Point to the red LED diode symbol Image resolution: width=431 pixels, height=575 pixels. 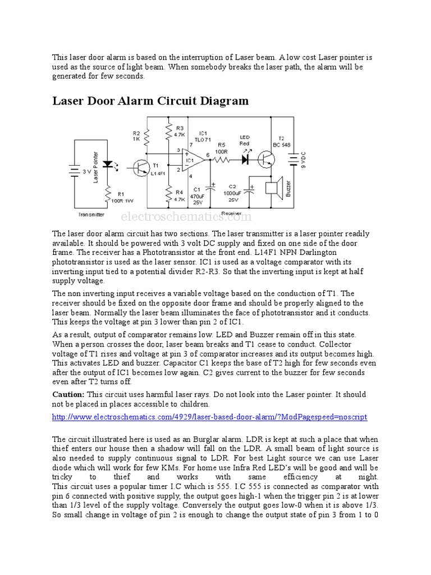[245, 159]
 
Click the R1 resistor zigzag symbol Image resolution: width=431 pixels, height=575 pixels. [108, 194]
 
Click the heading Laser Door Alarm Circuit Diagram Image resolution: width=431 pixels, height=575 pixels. [150, 101]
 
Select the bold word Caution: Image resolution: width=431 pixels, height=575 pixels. [68, 395]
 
